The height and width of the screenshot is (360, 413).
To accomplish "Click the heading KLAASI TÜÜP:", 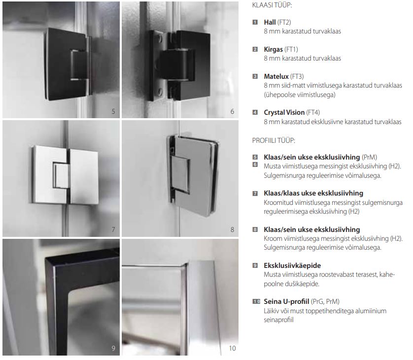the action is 272,5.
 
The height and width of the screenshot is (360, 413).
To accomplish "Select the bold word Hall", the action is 270,22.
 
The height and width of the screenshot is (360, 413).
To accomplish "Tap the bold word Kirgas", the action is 273,49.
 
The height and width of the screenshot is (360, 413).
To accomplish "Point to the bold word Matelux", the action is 276,76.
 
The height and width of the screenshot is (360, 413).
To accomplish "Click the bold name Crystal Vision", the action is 284,112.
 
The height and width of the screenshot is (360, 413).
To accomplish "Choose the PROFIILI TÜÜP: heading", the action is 274,140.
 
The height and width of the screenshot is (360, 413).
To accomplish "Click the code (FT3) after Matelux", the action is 297,76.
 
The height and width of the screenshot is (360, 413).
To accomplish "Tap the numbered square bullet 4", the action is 255,112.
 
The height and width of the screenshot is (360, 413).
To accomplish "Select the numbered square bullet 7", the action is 255,194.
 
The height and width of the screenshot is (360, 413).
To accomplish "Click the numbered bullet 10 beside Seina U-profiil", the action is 256,301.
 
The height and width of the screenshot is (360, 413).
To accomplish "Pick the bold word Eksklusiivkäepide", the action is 292,265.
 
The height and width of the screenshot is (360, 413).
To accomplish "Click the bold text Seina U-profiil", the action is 286,301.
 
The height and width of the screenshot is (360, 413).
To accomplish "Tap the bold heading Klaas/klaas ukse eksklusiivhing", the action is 313,193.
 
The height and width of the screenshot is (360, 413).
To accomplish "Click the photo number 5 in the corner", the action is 113,111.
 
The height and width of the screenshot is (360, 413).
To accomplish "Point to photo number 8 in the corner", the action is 232,229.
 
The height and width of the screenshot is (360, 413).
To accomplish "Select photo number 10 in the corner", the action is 232,348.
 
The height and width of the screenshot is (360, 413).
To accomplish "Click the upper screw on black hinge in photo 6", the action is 160,38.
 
